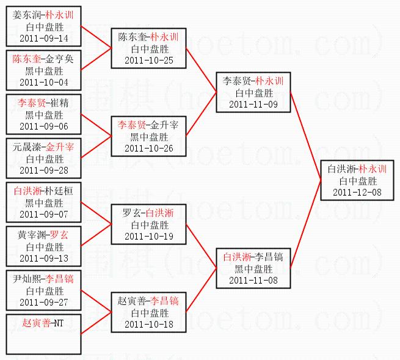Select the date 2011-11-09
[253, 105]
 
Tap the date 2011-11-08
[253, 280]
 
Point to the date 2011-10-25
[148, 61]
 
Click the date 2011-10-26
[148, 149]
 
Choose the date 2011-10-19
[148, 236]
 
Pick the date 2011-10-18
[148, 324]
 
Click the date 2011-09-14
[44, 39]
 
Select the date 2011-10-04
[44, 83]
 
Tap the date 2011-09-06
[44, 127]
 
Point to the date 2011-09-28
[44, 171]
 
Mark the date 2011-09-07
[44, 215]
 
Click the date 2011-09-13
[44, 258]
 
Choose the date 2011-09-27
[44, 302]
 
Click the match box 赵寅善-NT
[43, 334]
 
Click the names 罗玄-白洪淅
[148, 213]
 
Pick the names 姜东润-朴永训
[44, 15]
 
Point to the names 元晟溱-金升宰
[44, 147]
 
